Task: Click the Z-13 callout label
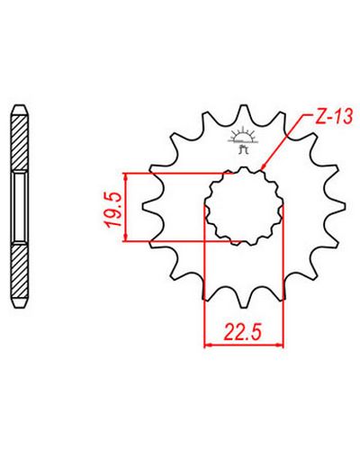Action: (x=333, y=116)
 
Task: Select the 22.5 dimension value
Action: (x=243, y=331)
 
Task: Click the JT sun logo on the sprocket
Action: (x=243, y=140)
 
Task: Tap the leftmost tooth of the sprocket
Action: (x=150, y=207)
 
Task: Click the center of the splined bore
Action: (x=244, y=206)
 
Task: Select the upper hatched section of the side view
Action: (x=21, y=142)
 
